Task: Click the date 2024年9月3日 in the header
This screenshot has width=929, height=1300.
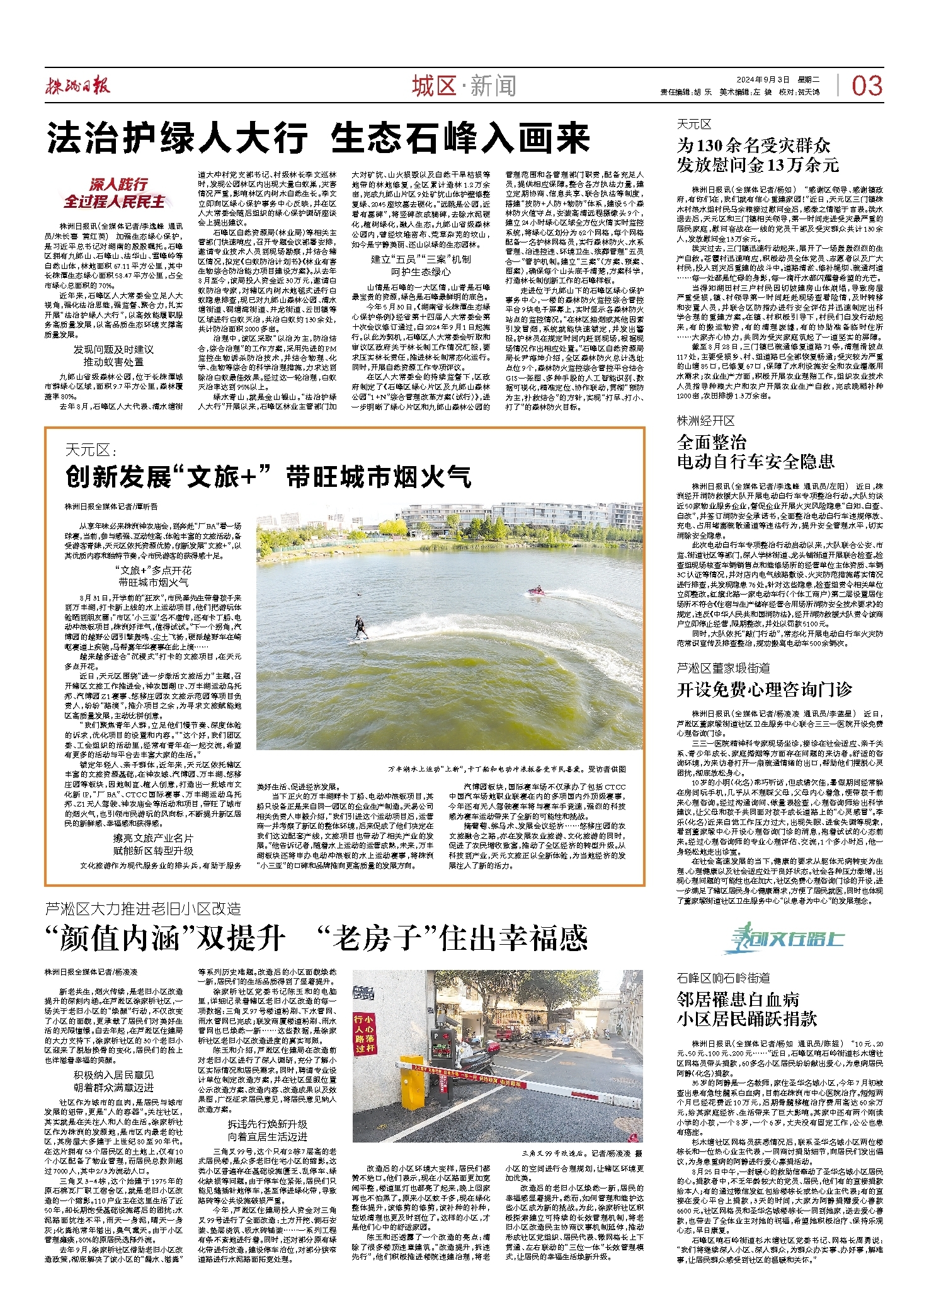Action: [x=763, y=79]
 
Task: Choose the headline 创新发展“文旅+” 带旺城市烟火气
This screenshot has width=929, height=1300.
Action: [x=268, y=477]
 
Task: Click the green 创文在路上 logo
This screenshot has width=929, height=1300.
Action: [x=784, y=939]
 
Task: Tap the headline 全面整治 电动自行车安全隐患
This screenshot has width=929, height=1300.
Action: [x=755, y=452]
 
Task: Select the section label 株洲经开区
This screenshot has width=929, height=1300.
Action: [x=705, y=421]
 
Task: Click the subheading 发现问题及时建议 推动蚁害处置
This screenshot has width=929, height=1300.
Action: [x=113, y=355]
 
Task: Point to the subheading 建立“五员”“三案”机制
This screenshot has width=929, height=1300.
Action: [x=420, y=259]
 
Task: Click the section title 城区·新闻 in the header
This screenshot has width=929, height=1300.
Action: [x=464, y=86]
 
